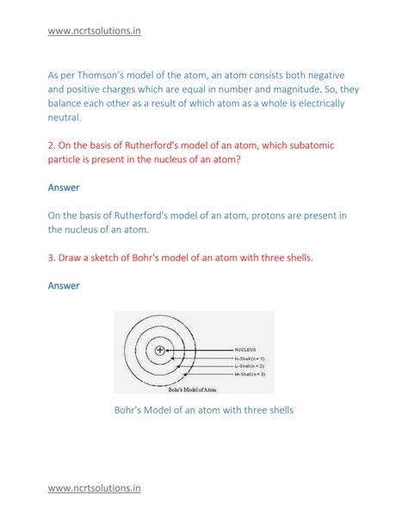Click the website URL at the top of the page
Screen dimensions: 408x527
click(x=94, y=32)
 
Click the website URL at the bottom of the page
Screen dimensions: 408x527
click(x=94, y=487)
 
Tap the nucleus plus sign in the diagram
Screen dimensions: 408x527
click(x=160, y=350)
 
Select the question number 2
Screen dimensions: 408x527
click(x=51, y=145)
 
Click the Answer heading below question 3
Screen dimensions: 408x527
click(x=64, y=285)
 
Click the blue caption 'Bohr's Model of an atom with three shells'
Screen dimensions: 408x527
click(x=204, y=410)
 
